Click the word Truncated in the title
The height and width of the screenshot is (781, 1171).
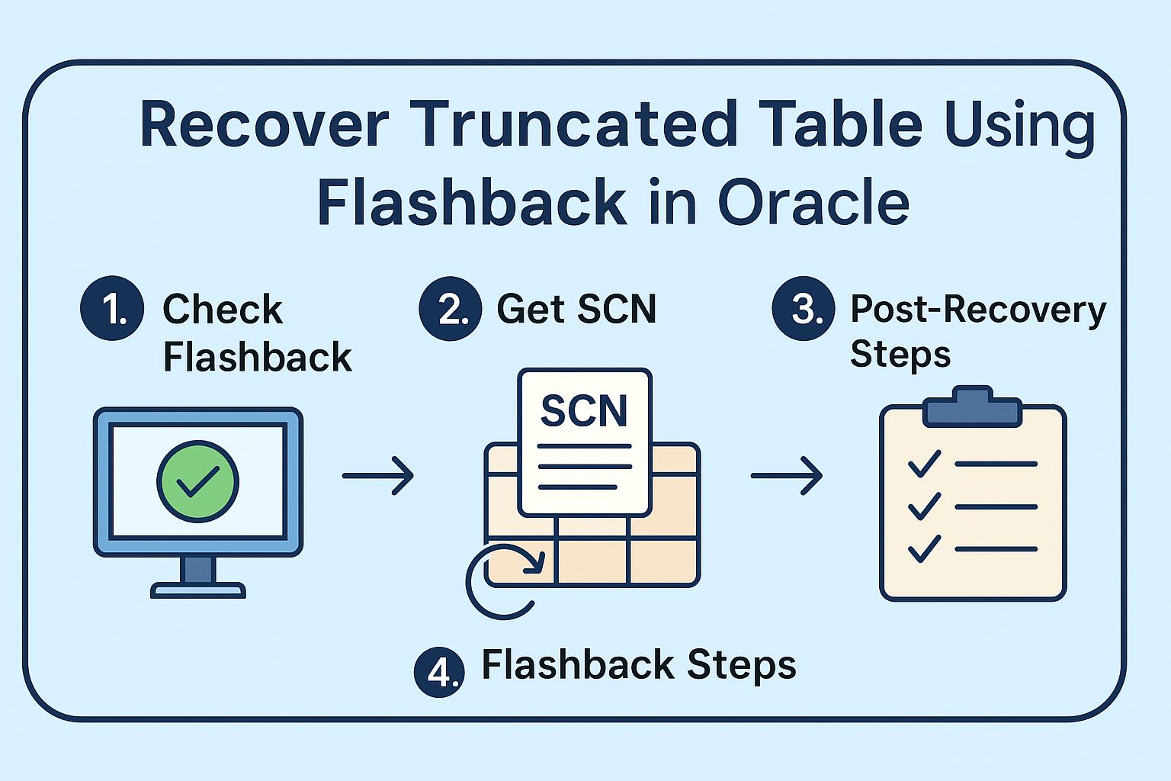point(575,124)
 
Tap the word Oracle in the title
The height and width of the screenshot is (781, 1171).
point(813,203)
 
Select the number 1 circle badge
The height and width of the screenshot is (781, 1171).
point(112,308)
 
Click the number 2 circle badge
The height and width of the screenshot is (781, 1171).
point(451,308)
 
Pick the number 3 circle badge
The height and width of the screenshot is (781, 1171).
point(804,308)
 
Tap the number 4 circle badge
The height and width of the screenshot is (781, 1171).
point(439,672)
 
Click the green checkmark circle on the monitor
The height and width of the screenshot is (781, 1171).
point(198,481)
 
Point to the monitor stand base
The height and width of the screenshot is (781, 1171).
point(198,590)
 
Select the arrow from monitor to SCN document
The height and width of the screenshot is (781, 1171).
point(378,476)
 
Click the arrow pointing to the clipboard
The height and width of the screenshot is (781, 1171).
point(787,476)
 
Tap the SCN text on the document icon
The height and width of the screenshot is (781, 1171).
point(584,411)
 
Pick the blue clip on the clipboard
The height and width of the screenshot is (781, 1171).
point(972,409)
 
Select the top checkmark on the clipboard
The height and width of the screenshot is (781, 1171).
point(925,464)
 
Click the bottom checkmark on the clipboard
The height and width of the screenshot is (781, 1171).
point(925,549)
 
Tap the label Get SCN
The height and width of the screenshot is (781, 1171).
point(576,309)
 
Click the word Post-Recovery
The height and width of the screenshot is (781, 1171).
point(978,309)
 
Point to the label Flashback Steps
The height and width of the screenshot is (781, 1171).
point(639,665)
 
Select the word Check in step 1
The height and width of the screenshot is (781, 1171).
point(223,310)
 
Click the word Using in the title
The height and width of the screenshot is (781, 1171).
point(1020,126)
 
